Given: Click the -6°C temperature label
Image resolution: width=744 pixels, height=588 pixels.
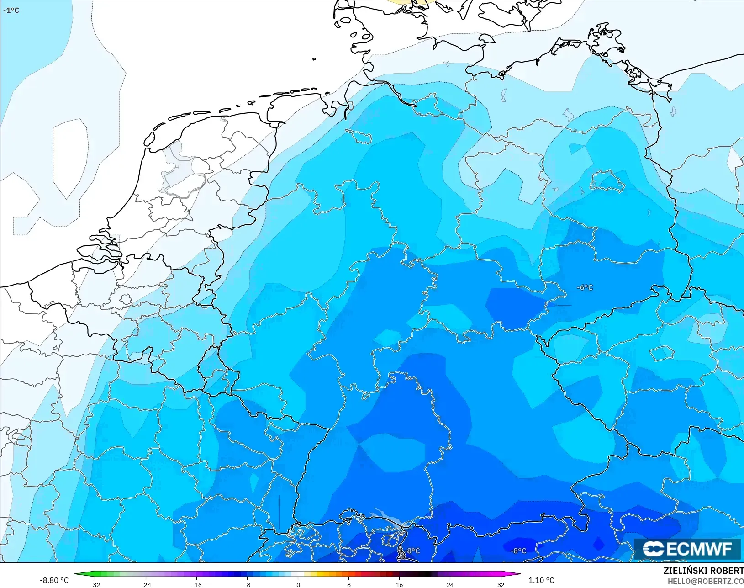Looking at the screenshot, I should [x=585, y=287].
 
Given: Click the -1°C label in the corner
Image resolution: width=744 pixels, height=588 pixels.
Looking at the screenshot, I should [x=11, y=10].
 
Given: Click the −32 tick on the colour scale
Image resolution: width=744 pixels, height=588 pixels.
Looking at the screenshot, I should [x=95, y=585].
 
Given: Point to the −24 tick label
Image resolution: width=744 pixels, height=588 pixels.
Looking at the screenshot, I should [x=146, y=585].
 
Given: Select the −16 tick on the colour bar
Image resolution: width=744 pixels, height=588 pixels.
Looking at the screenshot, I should [x=196, y=585].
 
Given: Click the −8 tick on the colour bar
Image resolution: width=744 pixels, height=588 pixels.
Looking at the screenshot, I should [x=247, y=585].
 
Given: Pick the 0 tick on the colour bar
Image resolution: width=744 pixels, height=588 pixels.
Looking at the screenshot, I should [x=298, y=585].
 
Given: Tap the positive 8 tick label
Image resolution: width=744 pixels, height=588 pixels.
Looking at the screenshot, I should [x=349, y=585].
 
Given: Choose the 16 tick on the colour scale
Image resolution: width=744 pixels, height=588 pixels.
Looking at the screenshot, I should [x=400, y=585].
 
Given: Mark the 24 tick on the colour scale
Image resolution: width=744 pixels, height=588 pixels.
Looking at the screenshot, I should [x=450, y=585].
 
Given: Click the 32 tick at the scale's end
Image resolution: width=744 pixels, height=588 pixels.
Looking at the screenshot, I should [x=501, y=585].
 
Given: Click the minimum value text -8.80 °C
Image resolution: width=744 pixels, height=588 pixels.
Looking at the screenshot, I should [x=54, y=580].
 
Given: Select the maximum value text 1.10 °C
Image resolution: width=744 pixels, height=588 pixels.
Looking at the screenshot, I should [x=541, y=580].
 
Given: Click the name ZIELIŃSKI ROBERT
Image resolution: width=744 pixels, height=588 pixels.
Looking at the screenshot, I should [x=703, y=571].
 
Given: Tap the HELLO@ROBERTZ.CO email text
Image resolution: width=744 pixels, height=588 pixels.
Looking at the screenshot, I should [x=706, y=581].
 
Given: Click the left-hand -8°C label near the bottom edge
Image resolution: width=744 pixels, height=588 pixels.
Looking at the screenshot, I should [x=412, y=551].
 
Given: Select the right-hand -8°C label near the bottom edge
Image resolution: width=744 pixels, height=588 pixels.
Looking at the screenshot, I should [x=518, y=551].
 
